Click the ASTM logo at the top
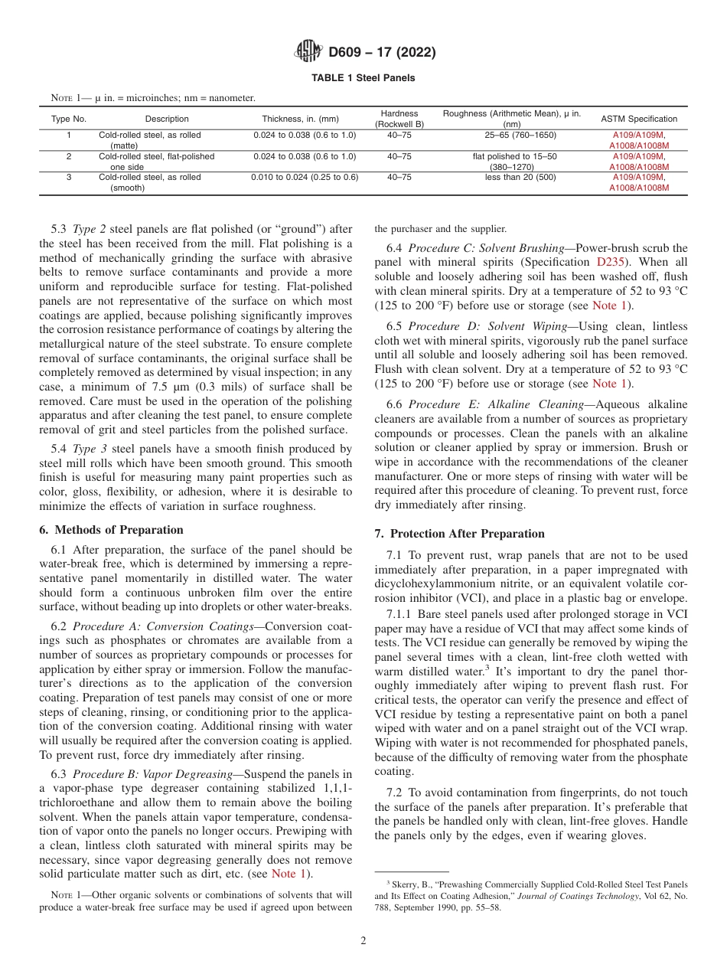click(x=308, y=53)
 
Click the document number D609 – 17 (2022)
click(x=382, y=53)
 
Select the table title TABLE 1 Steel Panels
click(x=363, y=78)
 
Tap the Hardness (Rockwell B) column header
click(x=399, y=118)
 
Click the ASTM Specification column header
click(x=638, y=119)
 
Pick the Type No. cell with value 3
click(x=69, y=177)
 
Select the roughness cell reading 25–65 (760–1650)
click(x=520, y=136)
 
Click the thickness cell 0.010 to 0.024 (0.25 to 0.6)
click(x=305, y=177)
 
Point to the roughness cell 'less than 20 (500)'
click(x=520, y=177)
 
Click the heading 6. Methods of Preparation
click(x=111, y=530)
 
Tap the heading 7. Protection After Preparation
click(x=459, y=534)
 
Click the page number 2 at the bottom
click(x=363, y=941)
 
